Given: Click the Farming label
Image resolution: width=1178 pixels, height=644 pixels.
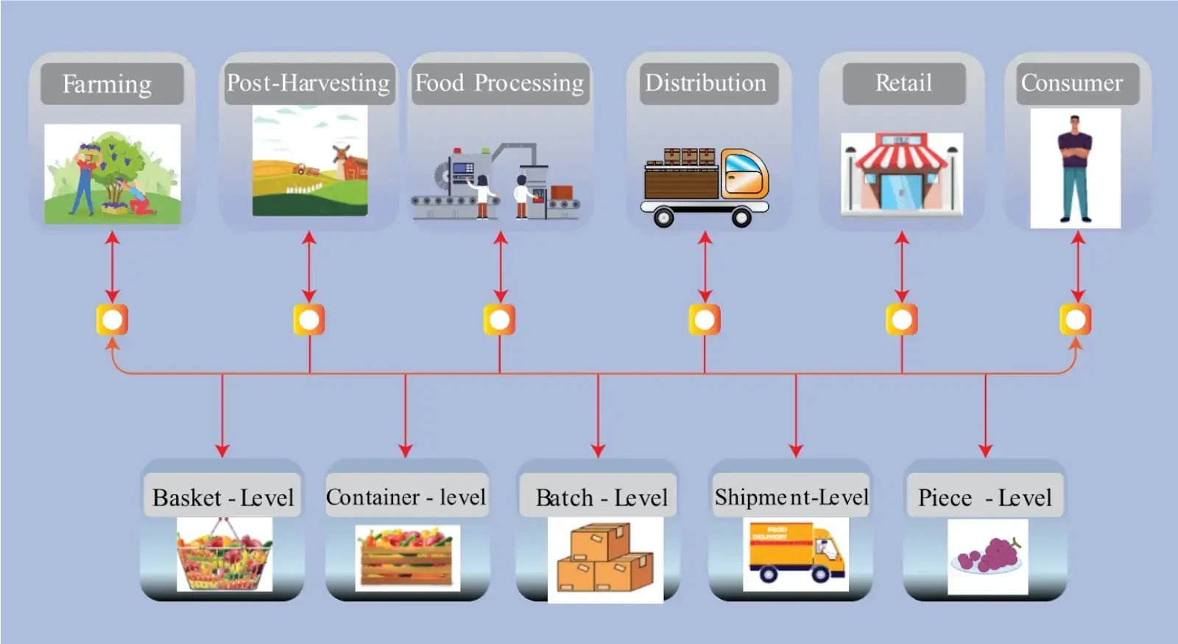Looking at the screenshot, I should [107, 84].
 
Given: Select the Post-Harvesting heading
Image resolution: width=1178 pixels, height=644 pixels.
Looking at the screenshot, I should [308, 83].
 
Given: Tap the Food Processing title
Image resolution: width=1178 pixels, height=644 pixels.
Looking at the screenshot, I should [500, 83].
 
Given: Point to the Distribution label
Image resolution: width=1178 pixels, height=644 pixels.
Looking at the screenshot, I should [705, 83].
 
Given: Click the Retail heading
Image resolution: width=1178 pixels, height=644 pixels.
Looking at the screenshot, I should [903, 83].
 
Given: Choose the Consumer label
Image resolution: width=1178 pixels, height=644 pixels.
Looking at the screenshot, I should [1071, 83].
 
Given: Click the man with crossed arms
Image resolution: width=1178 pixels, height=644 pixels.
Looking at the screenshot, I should [1075, 169].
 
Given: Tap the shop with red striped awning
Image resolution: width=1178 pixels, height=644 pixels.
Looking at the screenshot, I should [902, 174].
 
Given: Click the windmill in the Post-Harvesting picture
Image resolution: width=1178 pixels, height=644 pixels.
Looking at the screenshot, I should [339, 156].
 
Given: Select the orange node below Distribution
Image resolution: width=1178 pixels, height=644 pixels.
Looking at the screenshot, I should [705, 320].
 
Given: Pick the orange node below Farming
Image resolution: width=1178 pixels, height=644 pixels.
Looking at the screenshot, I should [112, 320].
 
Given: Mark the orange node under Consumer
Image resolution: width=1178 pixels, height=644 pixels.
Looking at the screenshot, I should [1076, 320].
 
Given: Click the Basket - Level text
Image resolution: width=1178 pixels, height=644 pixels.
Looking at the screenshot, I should [223, 498].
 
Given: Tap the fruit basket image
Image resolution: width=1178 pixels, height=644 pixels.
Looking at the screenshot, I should [224, 555].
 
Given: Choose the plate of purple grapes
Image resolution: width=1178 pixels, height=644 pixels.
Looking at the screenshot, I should [988, 556].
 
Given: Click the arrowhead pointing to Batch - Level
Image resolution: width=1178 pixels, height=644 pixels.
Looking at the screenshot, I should [598, 450].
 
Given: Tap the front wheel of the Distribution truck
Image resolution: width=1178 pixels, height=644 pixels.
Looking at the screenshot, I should [741, 217].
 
